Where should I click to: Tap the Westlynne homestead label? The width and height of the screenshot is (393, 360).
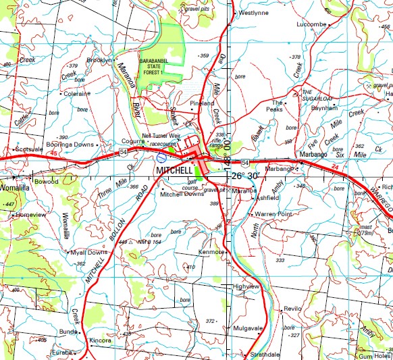coord(254,12)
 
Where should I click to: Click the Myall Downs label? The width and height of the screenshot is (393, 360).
coord(88,252)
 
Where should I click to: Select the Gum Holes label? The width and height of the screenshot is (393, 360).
coord(375,355)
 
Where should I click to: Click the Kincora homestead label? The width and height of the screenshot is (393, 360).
coord(100,340)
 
